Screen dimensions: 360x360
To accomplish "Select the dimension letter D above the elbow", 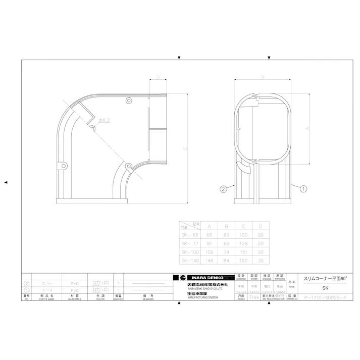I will pyautogui.click(x=158, y=77).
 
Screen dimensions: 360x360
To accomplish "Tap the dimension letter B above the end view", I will pyautogui.click(x=263, y=77).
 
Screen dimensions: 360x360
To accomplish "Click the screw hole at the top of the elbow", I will pyautogui.click(x=128, y=101).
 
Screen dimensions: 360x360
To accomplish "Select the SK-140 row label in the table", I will pyautogui.click(x=190, y=260).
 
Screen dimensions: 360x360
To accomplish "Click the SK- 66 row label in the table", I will pyautogui.click(x=190, y=234).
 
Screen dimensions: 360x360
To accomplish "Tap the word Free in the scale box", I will pyautogui.click(x=254, y=297).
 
